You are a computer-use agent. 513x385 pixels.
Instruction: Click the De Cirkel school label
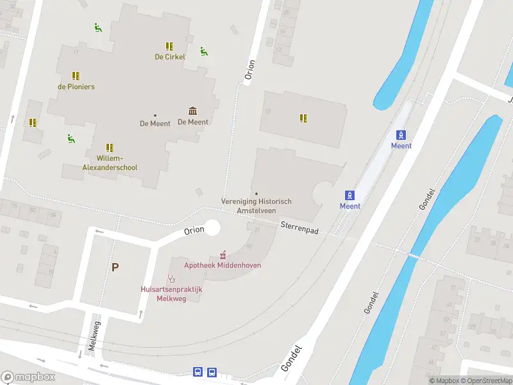pyautogui.click(x=170, y=56)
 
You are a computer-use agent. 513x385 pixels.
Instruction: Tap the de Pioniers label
pyautogui.click(x=76, y=87)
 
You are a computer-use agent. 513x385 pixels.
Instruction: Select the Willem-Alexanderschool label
pyautogui.click(x=110, y=163)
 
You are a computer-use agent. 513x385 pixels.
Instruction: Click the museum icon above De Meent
pyautogui.click(x=192, y=111)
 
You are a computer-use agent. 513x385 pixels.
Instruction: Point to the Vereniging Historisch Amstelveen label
pyautogui.click(x=256, y=205)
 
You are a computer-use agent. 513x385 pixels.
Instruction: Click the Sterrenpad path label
pyautogui.click(x=299, y=227)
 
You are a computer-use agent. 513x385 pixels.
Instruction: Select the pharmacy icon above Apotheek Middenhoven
pyautogui.click(x=223, y=254)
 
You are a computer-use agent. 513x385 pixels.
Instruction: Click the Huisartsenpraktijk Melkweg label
pyautogui.click(x=171, y=294)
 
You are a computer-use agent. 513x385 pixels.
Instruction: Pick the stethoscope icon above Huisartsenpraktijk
pyautogui.click(x=171, y=278)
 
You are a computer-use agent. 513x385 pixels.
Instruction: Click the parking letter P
pyautogui.click(x=115, y=268)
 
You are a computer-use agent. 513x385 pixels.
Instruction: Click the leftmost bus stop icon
pyautogui.click(x=198, y=372)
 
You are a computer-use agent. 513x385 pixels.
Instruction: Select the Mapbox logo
pyautogui.click(x=28, y=377)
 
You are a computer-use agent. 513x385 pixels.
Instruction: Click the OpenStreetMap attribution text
pyautogui.click(x=485, y=381)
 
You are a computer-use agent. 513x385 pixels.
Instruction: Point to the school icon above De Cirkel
pyautogui.click(x=169, y=46)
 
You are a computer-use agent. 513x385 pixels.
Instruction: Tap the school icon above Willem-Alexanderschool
pyautogui.click(x=110, y=148)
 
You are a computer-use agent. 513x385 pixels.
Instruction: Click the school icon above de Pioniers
pyautogui.click(x=76, y=76)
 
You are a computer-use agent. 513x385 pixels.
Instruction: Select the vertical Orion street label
pyautogui.click(x=250, y=71)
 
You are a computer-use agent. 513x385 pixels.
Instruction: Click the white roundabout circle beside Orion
pyautogui.click(x=212, y=227)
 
